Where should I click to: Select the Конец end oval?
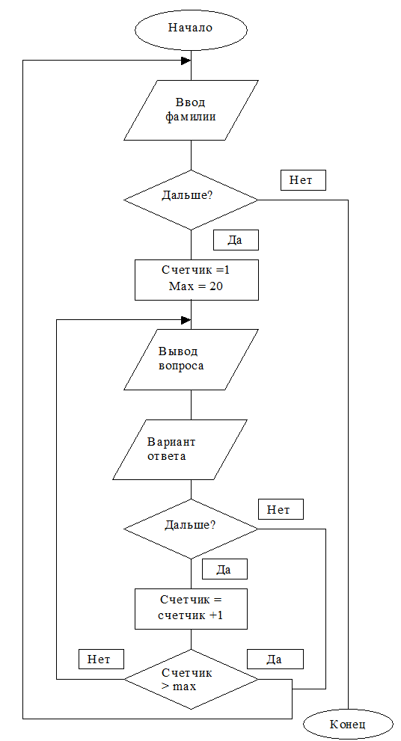pyautogui.click(x=348, y=725)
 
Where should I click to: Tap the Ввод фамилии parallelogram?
pyautogui.click(x=191, y=110)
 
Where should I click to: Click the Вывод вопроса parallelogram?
pyautogui.click(x=191, y=360)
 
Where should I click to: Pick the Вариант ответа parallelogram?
pyautogui.click(x=180, y=450)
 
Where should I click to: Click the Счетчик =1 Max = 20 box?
pyautogui.click(x=197, y=280)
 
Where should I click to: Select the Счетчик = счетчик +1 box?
pyautogui.click(x=191, y=609)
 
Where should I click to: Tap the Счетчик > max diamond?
pyautogui.click(x=191, y=679)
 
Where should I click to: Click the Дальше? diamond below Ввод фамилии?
pyautogui.click(x=191, y=200)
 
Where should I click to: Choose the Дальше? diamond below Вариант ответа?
pyautogui.click(x=191, y=529)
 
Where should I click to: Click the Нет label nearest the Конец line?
pyautogui.click(x=303, y=180)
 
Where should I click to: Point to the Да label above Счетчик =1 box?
pyautogui.click(x=236, y=240)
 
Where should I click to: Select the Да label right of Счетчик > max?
pyautogui.click(x=275, y=659)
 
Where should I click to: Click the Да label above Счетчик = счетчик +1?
pyautogui.click(x=224, y=569)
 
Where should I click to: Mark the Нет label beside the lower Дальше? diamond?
pyautogui.click(x=281, y=509)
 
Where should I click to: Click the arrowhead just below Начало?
pyautogui.click(x=186, y=61)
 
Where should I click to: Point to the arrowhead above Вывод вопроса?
pyautogui.click(x=186, y=320)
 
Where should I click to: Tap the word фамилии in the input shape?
pyautogui.click(x=191, y=117)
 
